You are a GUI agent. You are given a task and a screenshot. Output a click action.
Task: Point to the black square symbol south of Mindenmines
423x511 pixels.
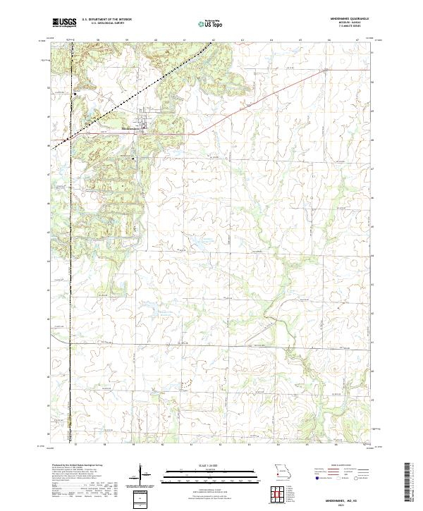coord(134,159)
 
